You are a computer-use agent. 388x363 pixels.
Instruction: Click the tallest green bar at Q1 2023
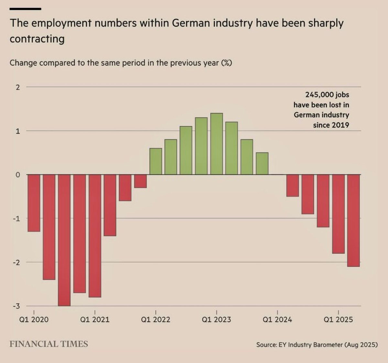tap(216, 144)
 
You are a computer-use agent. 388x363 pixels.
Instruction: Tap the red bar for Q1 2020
tap(34, 203)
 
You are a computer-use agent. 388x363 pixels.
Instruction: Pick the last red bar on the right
tap(353, 220)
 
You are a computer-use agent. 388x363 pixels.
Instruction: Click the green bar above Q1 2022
tap(156, 161)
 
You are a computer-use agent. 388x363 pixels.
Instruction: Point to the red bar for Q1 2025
tap(338, 214)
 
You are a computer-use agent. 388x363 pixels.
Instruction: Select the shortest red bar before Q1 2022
tap(140, 181)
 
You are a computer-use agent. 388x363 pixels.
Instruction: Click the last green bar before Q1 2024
tap(262, 164)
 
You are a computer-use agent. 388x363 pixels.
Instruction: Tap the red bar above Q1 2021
tap(95, 236)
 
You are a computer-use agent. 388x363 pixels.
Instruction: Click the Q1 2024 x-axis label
tap(277, 320)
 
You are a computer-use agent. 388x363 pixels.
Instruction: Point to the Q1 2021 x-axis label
tap(95, 320)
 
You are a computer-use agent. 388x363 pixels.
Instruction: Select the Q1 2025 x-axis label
tap(338, 320)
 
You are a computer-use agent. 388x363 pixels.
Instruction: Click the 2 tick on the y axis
tap(18, 87)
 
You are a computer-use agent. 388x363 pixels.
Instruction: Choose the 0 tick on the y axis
tap(18, 175)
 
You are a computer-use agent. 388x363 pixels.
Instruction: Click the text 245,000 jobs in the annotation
tap(327, 95)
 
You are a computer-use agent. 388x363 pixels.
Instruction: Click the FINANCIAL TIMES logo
tap(49, 344)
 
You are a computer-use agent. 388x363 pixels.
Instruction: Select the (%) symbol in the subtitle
tap(226, 63)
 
